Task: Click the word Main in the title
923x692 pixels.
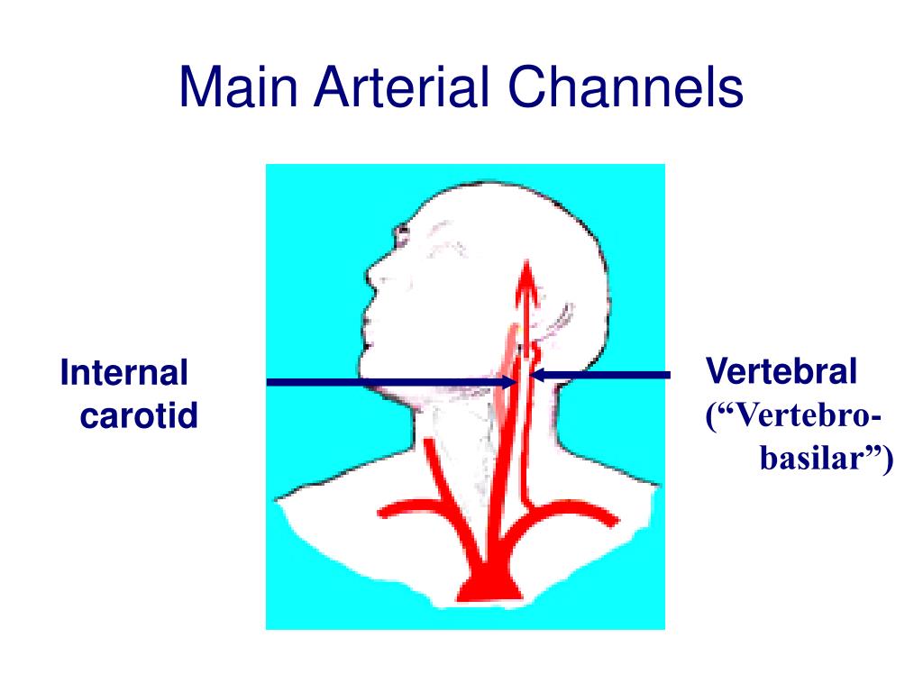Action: coord(238,87)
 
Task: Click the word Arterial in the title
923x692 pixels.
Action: coord(402,87)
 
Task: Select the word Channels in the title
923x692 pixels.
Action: coord(626,87)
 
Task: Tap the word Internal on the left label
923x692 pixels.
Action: coord(124,373)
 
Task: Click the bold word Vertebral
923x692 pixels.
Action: coord(781,370)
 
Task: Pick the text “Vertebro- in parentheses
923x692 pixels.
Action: coord(793,416)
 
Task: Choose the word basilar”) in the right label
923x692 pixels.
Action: coord(827,459)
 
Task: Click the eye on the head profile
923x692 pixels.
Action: coord(402,235)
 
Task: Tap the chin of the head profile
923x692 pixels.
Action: coord(365,366)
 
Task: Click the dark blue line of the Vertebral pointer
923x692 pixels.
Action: coord(600,375)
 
